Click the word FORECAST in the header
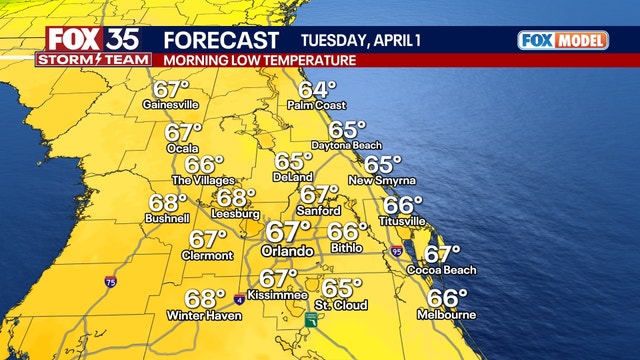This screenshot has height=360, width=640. (221, 40)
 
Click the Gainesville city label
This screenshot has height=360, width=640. (172, 104)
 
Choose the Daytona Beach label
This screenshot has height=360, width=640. (347, 146)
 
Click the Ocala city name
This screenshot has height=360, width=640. (184, 147)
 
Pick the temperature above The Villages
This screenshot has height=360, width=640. (204, 165)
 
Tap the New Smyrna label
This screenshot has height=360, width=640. (382, 180)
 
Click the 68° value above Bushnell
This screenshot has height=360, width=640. (168, 201)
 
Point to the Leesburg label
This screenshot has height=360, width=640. (236, 214)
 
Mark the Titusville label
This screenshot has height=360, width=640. (403, 220)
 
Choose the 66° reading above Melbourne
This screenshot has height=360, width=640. (447, 297)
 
